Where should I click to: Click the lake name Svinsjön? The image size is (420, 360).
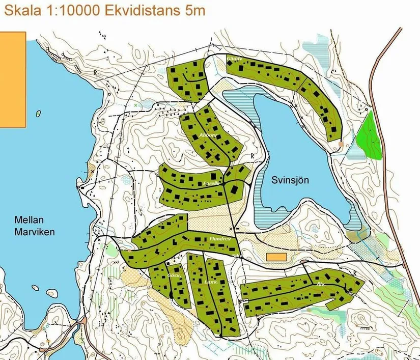pos(290,180)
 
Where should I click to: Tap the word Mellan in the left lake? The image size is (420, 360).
pos(27,220)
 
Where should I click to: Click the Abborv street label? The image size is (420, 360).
pos(209,135)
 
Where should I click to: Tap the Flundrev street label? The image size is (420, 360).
pos(220,238)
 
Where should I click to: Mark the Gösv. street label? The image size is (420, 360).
pos(174,275)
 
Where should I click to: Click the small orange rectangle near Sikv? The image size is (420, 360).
pos(276,257)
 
